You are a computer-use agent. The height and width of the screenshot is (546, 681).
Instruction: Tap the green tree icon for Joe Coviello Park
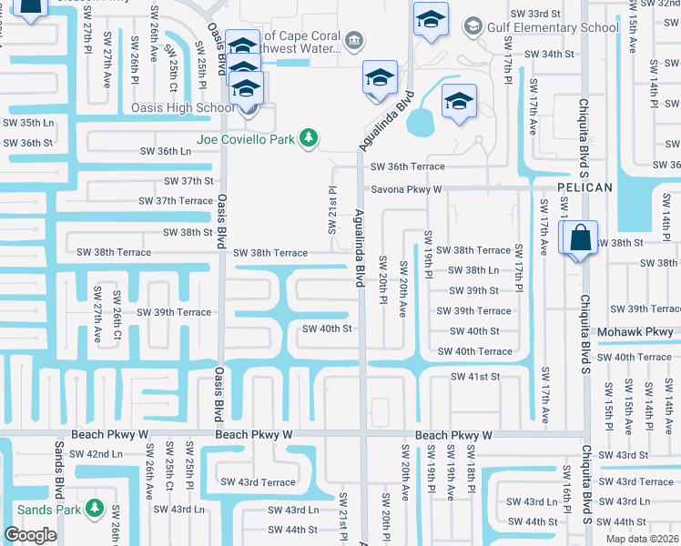(310, 137)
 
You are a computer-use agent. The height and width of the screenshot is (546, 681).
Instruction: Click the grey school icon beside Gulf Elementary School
(473, 26)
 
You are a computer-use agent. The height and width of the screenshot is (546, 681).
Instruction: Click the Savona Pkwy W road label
(405, 189)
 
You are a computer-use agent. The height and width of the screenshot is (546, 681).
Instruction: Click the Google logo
(30, 535)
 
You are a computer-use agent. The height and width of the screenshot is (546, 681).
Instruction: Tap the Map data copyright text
(643, 539)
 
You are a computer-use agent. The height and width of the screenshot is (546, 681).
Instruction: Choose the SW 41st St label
(476, 376)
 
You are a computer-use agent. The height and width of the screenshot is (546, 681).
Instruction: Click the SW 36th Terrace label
(407, 167)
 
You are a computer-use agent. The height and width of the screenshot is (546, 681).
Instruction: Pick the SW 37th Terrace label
(176, 200)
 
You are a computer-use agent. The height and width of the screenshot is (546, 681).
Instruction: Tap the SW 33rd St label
(534, 14)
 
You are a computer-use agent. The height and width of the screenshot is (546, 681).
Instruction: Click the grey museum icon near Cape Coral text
(354, 39)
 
